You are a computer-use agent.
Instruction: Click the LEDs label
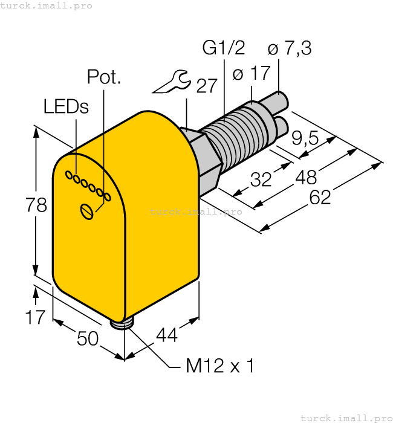[66, 106]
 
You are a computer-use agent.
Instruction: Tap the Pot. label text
[104, 77]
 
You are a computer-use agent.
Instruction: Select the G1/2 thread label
[223, 48]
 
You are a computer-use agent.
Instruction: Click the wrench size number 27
[206, 86]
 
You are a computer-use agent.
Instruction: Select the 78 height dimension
[36, 205]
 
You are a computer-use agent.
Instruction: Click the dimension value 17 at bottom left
[36, 316]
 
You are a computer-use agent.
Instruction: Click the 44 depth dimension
[167, 335]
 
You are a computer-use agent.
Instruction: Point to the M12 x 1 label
[219, 366]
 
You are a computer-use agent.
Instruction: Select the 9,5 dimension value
[305, 138]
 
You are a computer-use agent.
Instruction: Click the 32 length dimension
[261, 179]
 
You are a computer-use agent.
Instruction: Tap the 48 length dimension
[307, 177]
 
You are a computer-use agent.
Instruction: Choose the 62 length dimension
[320, 197]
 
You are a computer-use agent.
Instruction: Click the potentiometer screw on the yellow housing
[88, 211]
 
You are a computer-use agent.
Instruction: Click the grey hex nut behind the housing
[206, 158]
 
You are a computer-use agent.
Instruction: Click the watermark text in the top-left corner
[47, 5]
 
